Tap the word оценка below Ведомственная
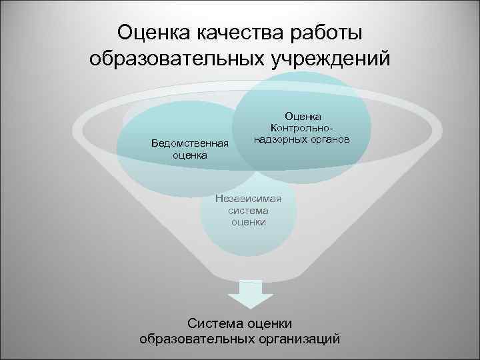tap(189, 155)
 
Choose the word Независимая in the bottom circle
tap(249, 198)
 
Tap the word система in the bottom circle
tap(249, 210)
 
